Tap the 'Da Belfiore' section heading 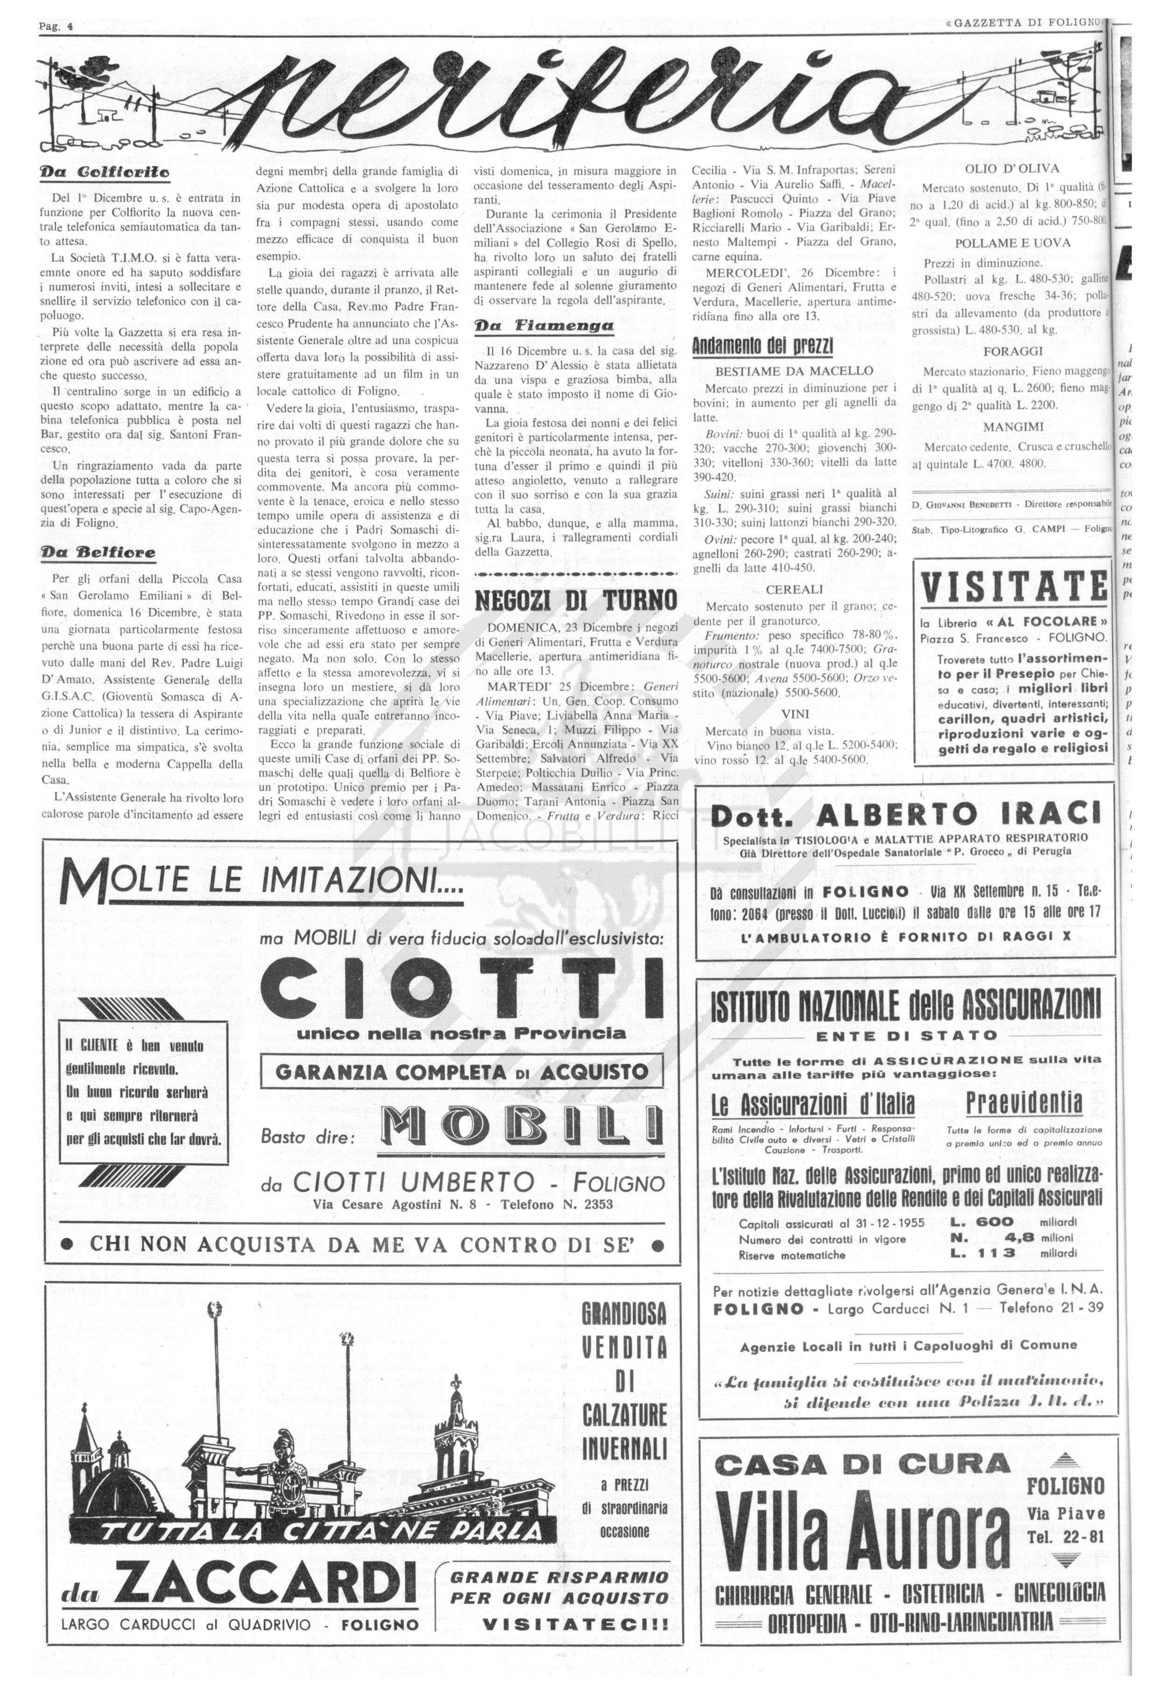(98, 552)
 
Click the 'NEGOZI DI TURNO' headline (576, 601)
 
